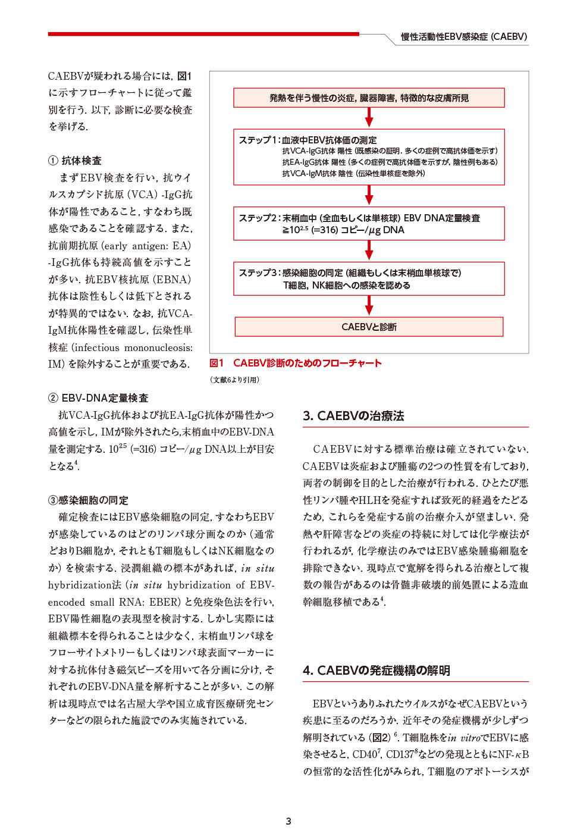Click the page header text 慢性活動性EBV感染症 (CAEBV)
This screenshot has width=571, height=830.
click(x=463, y=37)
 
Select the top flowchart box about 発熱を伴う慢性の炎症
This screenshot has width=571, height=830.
click(x=369, y=98)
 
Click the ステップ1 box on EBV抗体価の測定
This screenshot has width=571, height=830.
click(x=369, y=157)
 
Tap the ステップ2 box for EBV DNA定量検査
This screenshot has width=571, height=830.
click(x=369, y=224)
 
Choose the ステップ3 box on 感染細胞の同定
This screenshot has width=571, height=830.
click(x=369, y=279)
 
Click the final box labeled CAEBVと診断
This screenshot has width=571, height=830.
click(x=369, y=327)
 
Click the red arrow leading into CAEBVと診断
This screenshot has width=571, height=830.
click(x=369, y=305)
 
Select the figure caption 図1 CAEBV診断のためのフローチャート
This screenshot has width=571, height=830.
click(x=296, y=363)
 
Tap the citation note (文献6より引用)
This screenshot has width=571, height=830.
click(x=234, y=380)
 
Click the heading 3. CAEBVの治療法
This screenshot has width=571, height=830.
click(x=353, y=416)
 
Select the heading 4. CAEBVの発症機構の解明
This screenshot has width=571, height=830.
click(x=376, y=671)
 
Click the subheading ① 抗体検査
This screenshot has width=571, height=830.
click(x=75, y=161)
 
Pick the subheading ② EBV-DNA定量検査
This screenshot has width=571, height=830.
click(x=98, y=398)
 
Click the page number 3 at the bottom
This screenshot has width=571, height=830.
click(x=288, y=821)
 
